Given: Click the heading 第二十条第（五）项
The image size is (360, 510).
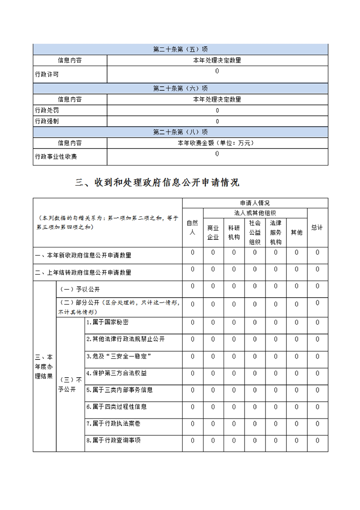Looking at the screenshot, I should (x=180, y=50).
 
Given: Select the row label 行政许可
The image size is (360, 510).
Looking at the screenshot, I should (x=47, y=74).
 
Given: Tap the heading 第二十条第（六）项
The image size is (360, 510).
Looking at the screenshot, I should (x=180, y=88).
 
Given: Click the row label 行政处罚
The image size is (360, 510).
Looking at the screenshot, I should (x=47, y=110).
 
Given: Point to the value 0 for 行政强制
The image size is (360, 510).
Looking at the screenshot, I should (x=217, y=121).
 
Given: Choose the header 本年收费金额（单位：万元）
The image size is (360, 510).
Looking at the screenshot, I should (x=217, y=143).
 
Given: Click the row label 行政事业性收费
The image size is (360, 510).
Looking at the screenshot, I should (x=56, y=157).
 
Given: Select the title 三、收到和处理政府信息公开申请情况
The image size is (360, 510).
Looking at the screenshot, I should (x=157, y=183).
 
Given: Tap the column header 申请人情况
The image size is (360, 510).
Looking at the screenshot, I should (x=255, y=203).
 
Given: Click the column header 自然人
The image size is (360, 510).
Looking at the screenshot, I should (x=193, y=227).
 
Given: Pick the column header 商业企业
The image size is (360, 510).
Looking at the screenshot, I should (x=213, y=232).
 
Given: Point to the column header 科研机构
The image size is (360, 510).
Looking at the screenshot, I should (x=234, y=232).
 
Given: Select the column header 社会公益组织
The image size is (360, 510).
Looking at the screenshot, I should (x=255, y=232).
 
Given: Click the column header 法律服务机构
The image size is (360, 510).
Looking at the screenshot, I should (x=276, y=232).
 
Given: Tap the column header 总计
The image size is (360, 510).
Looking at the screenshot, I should (x=317, y=227).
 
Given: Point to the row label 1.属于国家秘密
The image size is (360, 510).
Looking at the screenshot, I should (x=107, y=322).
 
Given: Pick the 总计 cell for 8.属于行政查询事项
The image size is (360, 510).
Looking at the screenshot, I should (x=317, y=440).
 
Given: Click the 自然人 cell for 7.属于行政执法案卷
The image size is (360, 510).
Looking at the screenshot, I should (x=193, y=424).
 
